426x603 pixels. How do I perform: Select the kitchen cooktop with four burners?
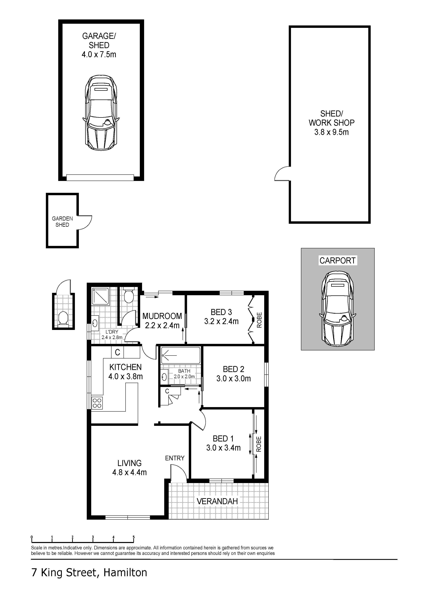[97, 403]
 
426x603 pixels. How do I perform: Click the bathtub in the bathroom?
[181, 355]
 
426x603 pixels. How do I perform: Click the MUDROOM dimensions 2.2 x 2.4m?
[162, 325]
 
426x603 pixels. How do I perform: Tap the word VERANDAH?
[217, 501]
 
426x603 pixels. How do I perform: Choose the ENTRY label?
[175, 458]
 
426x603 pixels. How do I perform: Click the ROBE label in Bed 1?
[259, 444]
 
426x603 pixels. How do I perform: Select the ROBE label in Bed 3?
[259, 320]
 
